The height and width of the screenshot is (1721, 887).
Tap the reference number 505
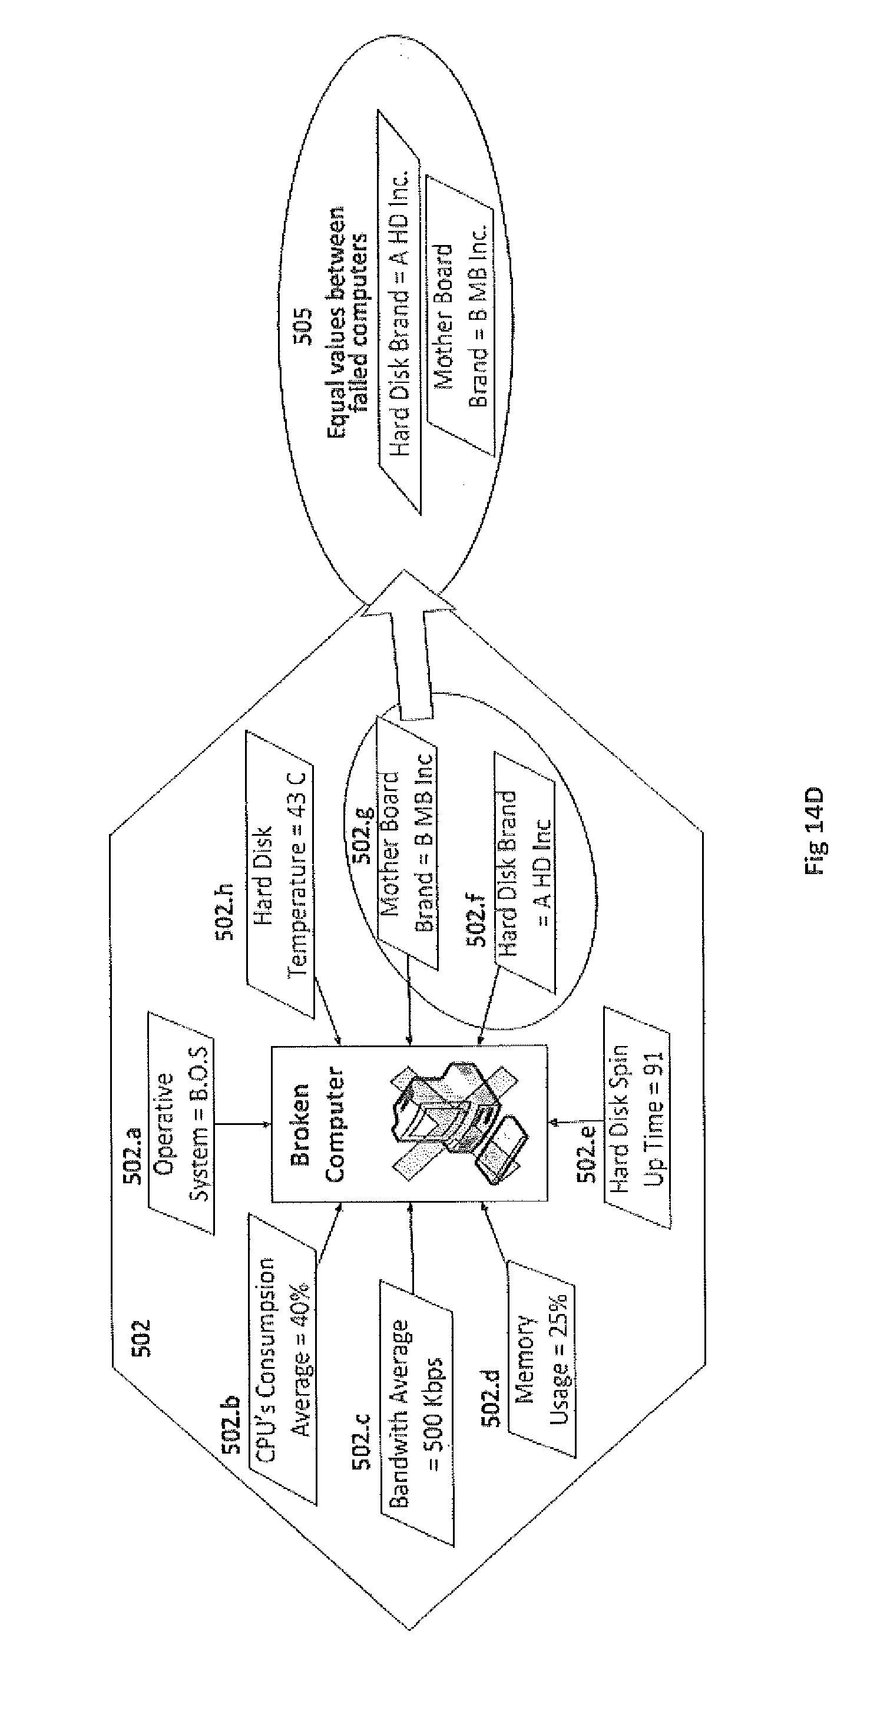tap(303, 326)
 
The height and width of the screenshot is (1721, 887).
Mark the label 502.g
tap(363, 835)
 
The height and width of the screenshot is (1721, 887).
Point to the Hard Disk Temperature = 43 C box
tap(280, 875)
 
